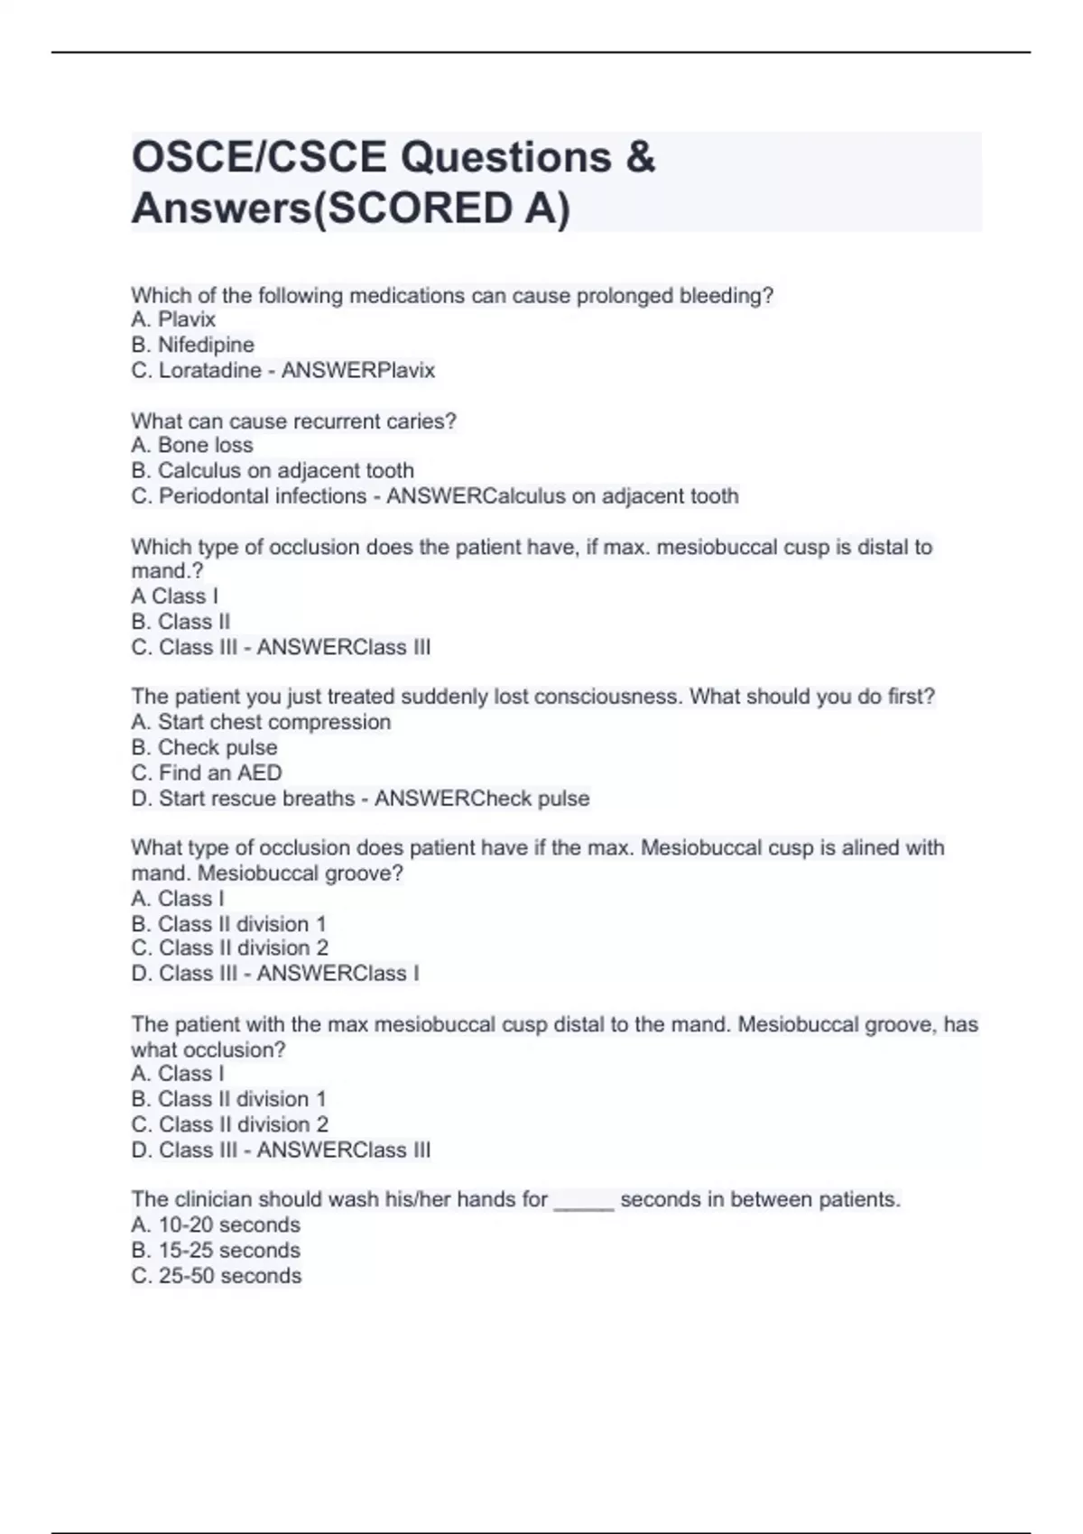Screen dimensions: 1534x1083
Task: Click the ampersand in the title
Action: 639,157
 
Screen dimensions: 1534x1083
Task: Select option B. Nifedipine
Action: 192,345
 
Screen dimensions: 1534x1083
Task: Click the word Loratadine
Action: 210,370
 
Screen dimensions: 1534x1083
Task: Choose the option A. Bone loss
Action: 191,445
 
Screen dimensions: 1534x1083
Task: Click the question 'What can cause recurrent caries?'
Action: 293,420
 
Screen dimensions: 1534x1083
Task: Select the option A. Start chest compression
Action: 261,722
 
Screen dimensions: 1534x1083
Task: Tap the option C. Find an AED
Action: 206,772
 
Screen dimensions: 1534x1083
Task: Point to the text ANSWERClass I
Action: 338,973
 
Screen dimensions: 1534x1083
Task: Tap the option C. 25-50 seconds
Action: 216,1275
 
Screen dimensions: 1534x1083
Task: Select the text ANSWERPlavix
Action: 358,370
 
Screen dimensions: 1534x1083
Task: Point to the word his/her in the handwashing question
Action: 417,1199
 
